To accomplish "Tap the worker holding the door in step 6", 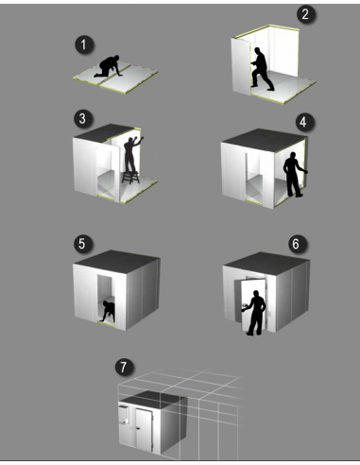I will (x=253, y=311).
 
